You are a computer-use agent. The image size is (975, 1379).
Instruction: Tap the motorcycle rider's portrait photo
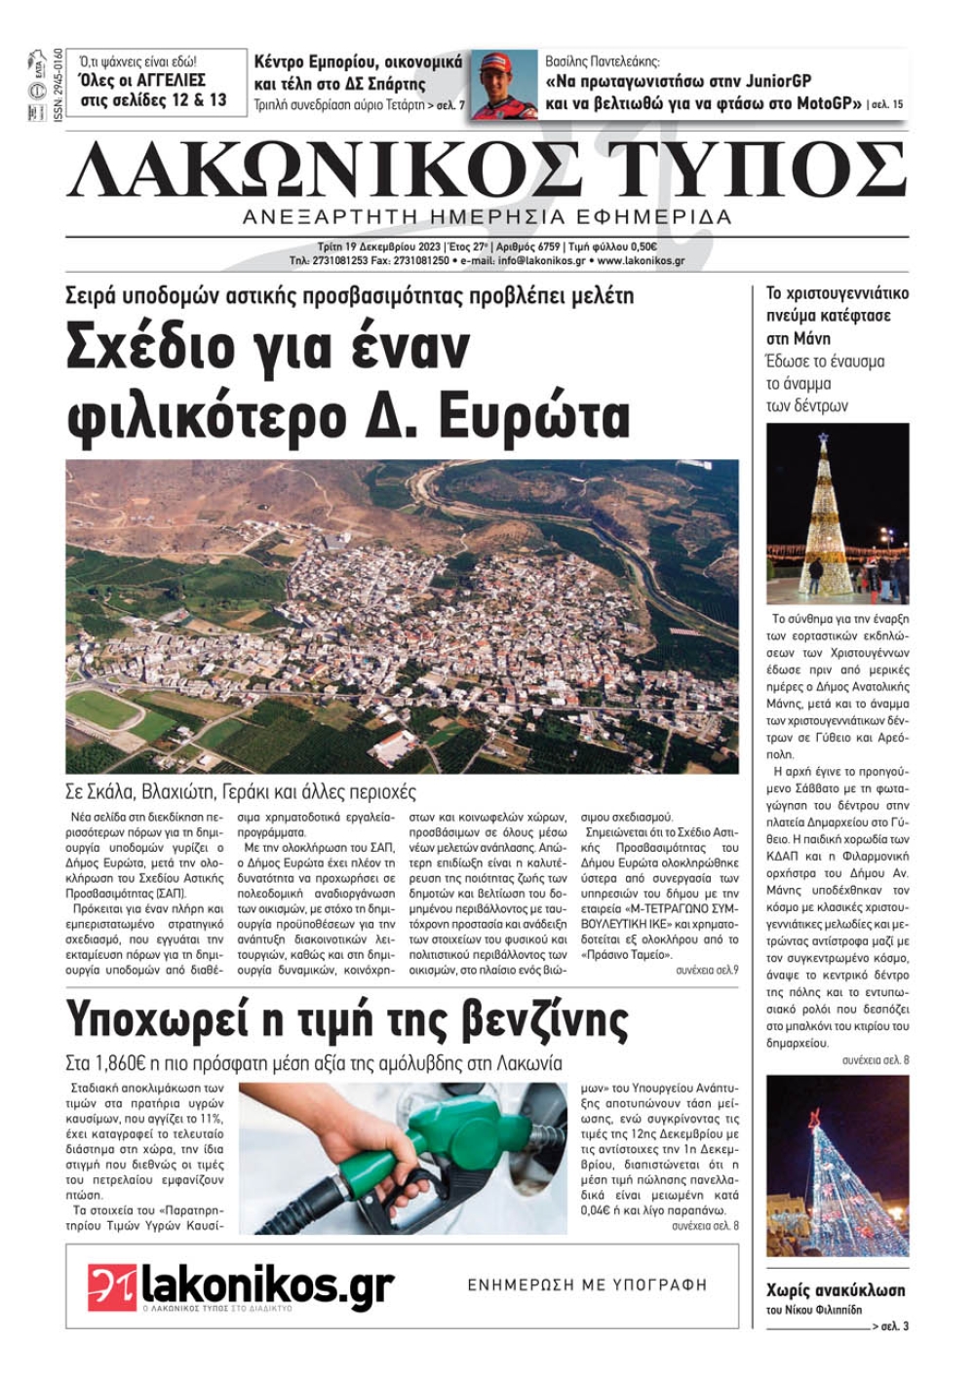coord(503,84)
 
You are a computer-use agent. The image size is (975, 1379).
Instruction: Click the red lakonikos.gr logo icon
coord(111,1287)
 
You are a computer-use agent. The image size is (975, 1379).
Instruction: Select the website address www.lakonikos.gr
coord(641,261)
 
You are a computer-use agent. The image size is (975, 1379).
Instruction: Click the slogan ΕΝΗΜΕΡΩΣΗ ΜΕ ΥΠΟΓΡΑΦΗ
coord(587,1285)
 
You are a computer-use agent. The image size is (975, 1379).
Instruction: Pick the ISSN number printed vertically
coord(58,84)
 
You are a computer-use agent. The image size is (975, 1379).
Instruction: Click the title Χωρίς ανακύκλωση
coord(836,1290)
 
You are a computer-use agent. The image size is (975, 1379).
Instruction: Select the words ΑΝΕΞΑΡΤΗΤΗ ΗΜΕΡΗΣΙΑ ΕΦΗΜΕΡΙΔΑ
coord(487,217)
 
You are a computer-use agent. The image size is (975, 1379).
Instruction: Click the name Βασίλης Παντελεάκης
coord(602,60)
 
